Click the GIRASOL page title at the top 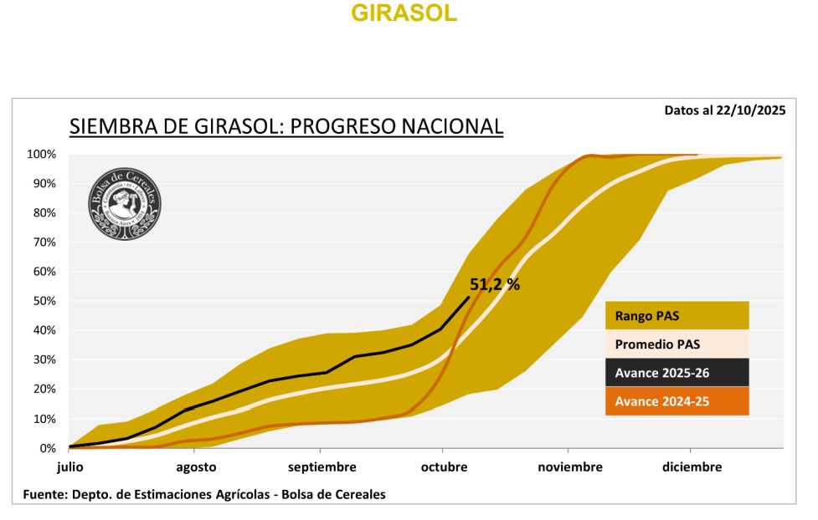[x=404, y=14]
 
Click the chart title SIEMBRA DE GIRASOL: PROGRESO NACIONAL [x=286, y=126]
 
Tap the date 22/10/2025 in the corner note [x=750, y=110]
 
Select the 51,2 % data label [x=495, y=284]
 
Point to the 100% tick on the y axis [x=41, y=155]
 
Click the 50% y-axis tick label [x=44, y=301]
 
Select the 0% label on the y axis [x=47, y=448]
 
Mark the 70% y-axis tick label [x=44, y=242]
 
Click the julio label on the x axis [x=70, y=466]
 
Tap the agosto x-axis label [x=197, y=466]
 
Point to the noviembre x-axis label [x=569, y=466]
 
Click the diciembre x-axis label [x=692, y=466]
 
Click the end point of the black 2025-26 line [x=469, y=297]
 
